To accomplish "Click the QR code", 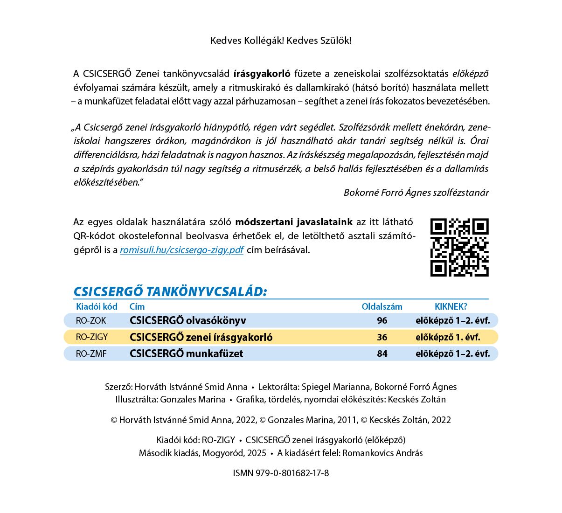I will (459, 247).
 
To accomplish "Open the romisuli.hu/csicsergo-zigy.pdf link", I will (181, 250).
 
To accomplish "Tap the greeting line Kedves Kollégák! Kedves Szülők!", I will (281, 41).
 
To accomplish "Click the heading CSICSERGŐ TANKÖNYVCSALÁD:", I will (170, 291).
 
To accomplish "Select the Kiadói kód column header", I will (97, 306).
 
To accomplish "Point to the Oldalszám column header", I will (382, 306).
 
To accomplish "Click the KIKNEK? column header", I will (451, 306).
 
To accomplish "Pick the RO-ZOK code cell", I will (91, 320).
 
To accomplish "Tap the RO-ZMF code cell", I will (91, 354).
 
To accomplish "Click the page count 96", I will (382, 320).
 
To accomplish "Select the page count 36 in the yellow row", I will (382, 337).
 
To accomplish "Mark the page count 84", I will (382, 354).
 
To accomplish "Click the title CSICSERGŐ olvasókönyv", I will (187, 320).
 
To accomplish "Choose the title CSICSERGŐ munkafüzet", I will (186, 354).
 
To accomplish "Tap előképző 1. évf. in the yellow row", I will (448, 337).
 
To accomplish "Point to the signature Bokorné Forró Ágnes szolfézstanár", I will (416, 193).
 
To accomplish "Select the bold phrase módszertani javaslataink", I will (294, 222).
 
